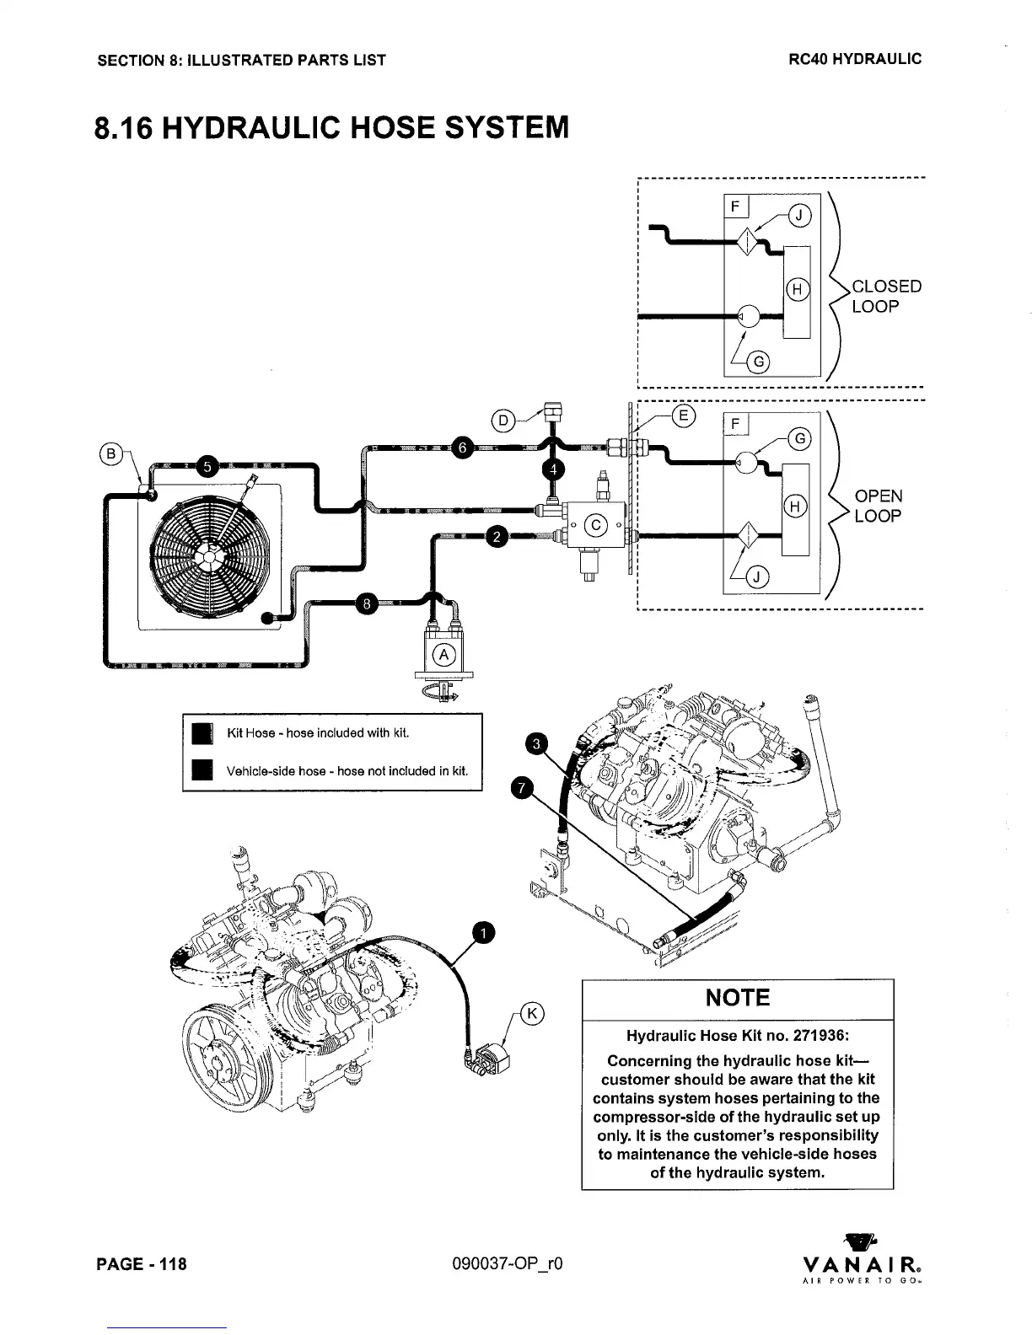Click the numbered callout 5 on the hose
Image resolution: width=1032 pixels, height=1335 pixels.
208,466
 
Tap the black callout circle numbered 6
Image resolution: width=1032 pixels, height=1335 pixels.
461,447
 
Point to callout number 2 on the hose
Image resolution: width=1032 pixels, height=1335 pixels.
497,536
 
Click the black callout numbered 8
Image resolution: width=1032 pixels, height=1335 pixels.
366,604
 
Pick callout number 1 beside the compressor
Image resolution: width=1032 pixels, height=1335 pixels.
484,932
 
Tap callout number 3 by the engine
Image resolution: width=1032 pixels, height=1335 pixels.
536,743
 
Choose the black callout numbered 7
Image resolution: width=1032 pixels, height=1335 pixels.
523,787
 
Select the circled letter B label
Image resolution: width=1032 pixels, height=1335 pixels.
110,453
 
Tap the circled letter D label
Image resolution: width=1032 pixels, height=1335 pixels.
503,420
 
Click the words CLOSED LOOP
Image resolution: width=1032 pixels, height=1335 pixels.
885,296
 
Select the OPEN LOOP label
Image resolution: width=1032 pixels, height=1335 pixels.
878,506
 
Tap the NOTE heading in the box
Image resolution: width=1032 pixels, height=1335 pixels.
738,998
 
